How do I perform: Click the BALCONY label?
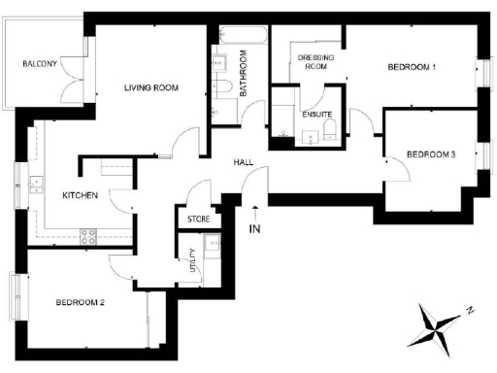[41, 65]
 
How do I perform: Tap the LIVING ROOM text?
[151, 88]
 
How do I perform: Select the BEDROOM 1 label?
[412, 67]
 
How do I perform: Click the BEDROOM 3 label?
[431, 154]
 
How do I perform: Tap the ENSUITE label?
[317, 115]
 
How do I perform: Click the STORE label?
[198, 220]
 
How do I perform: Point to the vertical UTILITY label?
[193, 262]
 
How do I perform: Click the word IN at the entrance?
[255, 229]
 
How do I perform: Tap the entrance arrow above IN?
[255, 211]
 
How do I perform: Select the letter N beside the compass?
[468, 311]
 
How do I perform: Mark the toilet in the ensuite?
[330, 132]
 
